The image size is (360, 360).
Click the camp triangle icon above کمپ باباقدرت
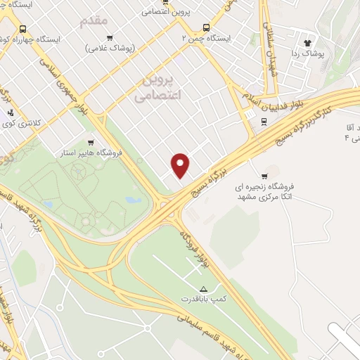pos(204,289)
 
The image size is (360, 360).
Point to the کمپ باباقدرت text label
pos(214,300)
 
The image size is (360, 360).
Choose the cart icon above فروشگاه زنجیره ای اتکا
pos(264,176)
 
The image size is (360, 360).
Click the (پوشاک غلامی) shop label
pos(110,48)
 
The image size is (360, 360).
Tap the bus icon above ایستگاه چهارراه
pos(24,30)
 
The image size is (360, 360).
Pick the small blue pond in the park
pos(131,200)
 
